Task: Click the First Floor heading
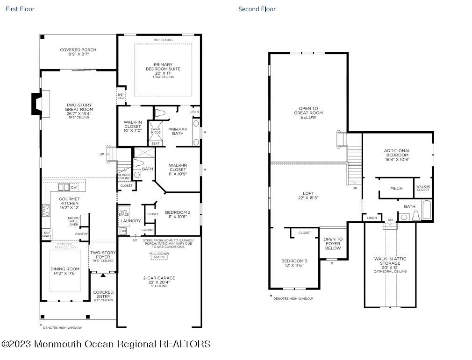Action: point(20,9)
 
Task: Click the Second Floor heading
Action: point(257,9)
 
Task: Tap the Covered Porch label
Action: point(78,52)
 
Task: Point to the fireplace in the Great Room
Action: point(36,103)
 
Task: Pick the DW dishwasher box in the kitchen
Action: point(74,187)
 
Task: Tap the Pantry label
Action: point(81,233)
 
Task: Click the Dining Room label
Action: point(65,271)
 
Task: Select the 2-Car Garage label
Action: point(159,280)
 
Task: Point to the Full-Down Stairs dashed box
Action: point(159,255)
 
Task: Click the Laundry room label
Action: point(130,221)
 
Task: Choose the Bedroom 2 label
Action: point(178,214)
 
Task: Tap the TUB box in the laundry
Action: point(123,231)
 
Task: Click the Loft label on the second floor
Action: point(308,195)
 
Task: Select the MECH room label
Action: point(396,188)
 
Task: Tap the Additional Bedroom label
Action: point(397,155)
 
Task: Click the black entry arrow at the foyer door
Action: point(103,275)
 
